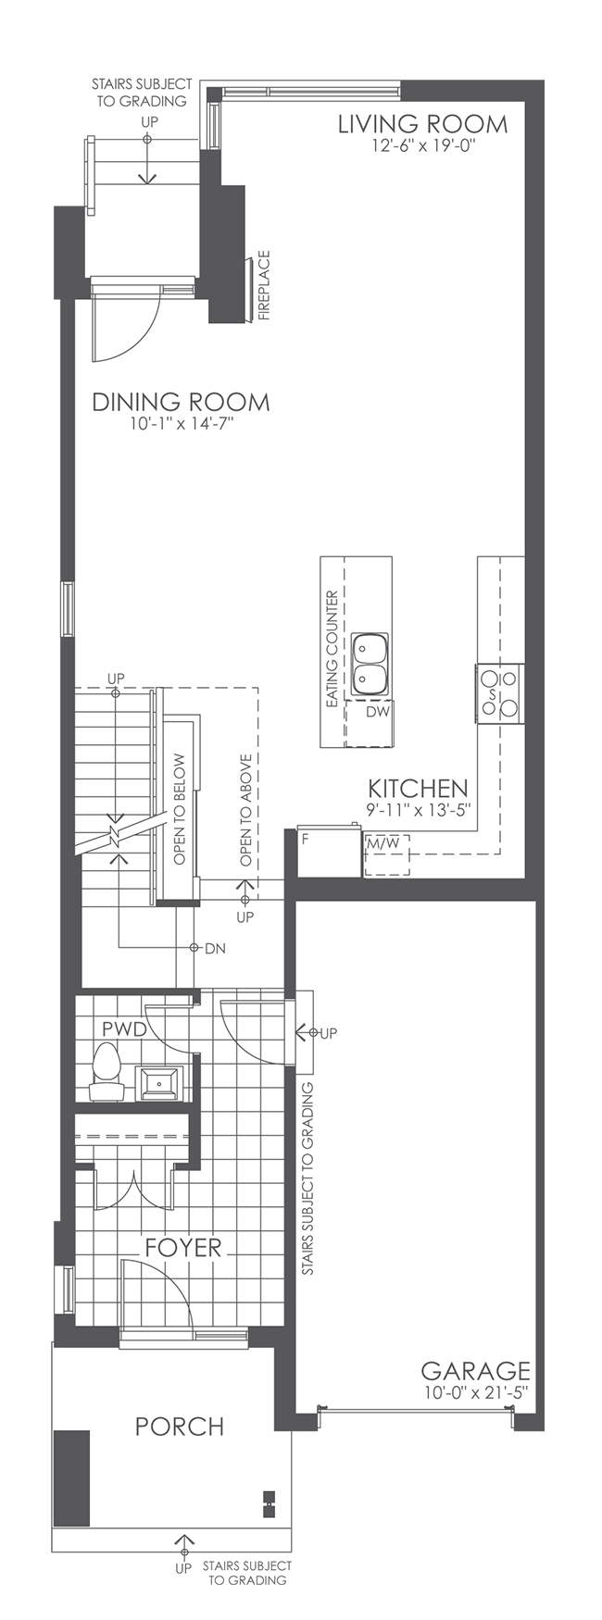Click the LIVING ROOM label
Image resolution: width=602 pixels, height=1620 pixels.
(x=422, y=124)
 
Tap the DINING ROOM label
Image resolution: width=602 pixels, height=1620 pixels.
(x=181, y=403)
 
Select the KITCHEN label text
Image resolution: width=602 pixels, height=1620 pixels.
(x=418, y=789)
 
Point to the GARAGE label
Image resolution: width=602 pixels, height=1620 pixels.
(x=475, y=1371)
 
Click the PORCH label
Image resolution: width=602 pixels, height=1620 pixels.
(x=180, y=1427)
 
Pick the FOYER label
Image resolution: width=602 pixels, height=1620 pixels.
(x=183, y=1248)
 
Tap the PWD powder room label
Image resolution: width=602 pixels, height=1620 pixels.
(x=124, y=1028)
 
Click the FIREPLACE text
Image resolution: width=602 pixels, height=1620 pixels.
(x=264, y=285)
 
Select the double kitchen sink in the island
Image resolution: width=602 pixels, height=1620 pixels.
(x=370, y=664)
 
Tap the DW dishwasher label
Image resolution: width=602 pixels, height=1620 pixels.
(x=376, y=713)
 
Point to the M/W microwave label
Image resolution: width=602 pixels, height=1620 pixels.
(x=383, y=844)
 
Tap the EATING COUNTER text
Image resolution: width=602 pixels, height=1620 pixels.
(x=332, y=650)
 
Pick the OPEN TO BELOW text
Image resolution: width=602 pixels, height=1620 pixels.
(x=180, y=809)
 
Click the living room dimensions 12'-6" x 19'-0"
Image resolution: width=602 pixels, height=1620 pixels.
(x=422, y=145)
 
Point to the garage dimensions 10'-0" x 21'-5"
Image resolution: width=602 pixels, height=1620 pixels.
(x=475, y=1392)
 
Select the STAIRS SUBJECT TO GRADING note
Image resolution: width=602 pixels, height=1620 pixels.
(x=308, y=1178)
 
